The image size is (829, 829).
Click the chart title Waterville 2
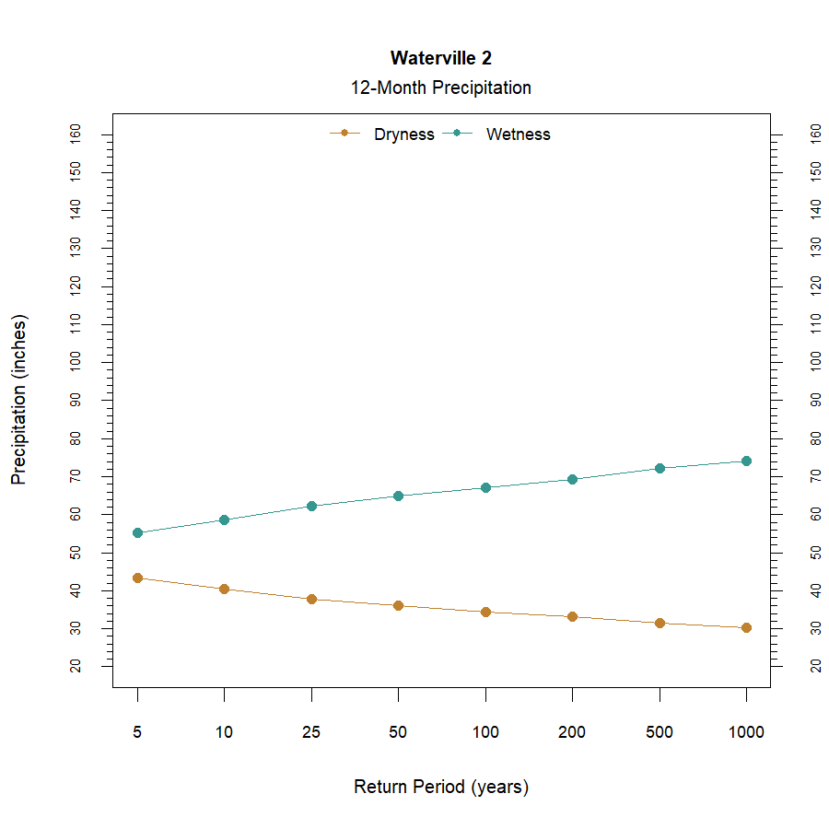pos(440,58)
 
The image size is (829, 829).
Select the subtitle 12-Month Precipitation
pos(440,88)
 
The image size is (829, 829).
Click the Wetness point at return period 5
pos(137,532)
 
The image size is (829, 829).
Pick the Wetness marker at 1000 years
pos(746,461)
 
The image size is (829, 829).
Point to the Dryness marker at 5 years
pos(137,578)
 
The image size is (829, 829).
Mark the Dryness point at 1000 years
pos(746,627)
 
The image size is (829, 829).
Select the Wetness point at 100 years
pos(485,487)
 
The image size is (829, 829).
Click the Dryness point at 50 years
pos(398,605)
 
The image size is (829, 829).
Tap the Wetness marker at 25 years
pos(311,506)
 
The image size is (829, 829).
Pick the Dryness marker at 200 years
pos(572,616)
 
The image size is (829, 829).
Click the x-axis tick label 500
pos(660,733)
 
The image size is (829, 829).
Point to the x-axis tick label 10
pos(224,733)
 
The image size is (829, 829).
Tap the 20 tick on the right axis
pos(815,666)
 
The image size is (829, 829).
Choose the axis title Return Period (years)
pos(440,788)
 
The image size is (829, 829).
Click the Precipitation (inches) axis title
pos(19,400)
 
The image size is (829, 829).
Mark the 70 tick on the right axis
pos(815,476)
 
